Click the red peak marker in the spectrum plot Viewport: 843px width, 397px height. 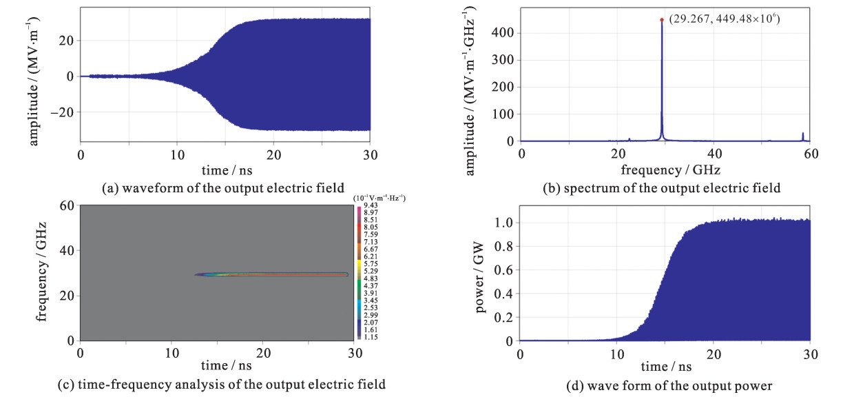click(662, 19)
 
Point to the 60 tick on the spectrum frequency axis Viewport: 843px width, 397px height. click(811, 152)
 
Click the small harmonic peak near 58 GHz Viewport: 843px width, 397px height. click(802, 135)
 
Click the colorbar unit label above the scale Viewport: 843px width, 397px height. click(379, 198)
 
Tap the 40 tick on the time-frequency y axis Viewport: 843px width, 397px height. click(67, 251)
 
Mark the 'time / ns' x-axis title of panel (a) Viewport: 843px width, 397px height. click(225, 168)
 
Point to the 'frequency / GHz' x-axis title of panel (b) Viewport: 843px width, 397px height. click(666, 168)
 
